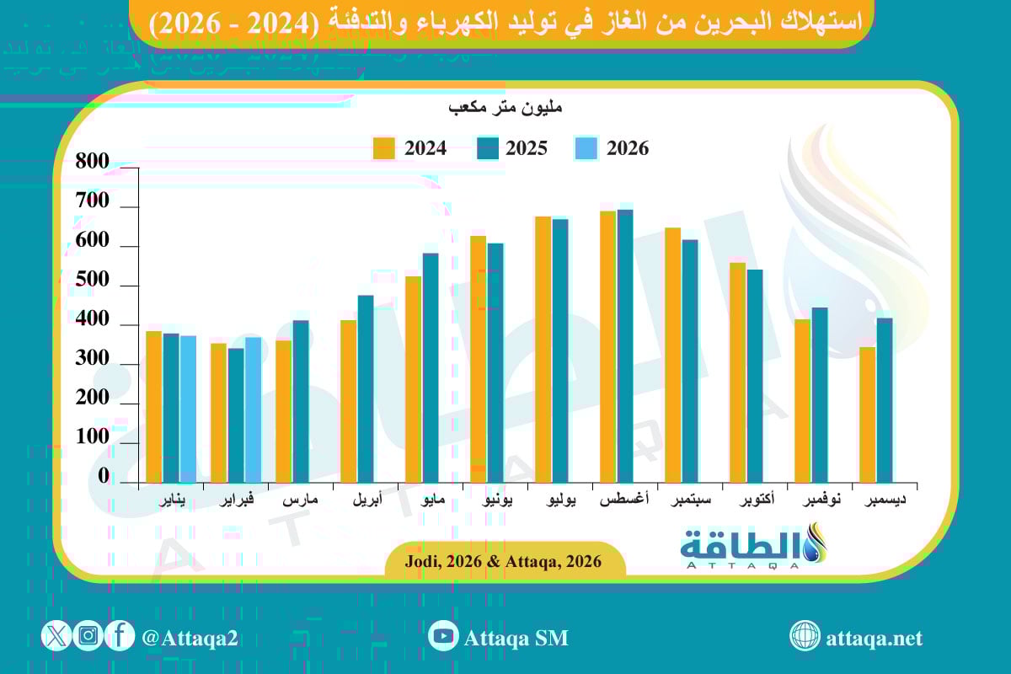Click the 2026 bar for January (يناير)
[187, 409]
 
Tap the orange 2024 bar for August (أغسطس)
[607, 346]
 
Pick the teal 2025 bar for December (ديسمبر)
[885, 400]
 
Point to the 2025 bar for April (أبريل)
[366, 388]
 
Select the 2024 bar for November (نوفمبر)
[802, 400]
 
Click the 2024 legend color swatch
[384, 148]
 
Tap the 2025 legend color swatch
[487, 148]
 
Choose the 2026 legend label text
[628, 148]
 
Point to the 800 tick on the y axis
[92, 163]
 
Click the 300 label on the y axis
[92, 359]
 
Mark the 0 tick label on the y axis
[104, 477]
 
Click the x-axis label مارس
[300, 500]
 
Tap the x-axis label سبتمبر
[691, 500]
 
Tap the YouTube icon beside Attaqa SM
[442, 636]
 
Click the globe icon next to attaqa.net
[805, 636]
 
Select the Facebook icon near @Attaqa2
[120, 635]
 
